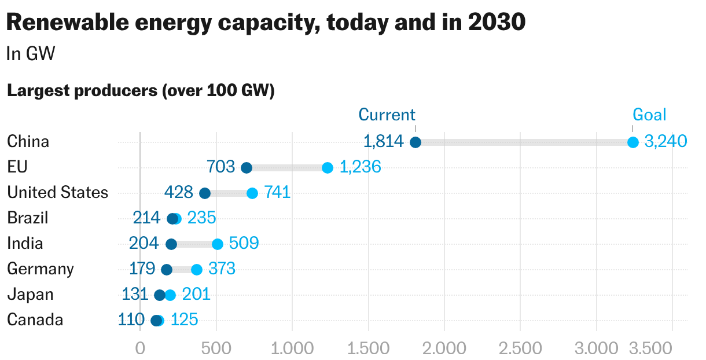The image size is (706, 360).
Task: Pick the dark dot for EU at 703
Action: click(247, 168)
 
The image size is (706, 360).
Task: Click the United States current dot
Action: click(205, 193)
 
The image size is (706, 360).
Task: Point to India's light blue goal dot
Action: click(218, 244)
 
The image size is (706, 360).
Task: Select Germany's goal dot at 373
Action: click(197, 270)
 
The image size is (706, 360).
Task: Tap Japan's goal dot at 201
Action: click(170, 295)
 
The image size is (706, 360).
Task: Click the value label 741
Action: click(277, 193)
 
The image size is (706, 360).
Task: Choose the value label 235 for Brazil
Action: click(201, 218)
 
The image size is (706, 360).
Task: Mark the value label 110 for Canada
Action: click(131, 320)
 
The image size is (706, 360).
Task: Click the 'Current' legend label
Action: click(387, 115)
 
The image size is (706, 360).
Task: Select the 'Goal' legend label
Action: click(649, 115)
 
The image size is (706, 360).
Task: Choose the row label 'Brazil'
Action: click(28, 218)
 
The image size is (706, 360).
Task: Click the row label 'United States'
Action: click(57, 193)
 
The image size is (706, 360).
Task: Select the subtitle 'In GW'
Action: click(30, 54)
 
